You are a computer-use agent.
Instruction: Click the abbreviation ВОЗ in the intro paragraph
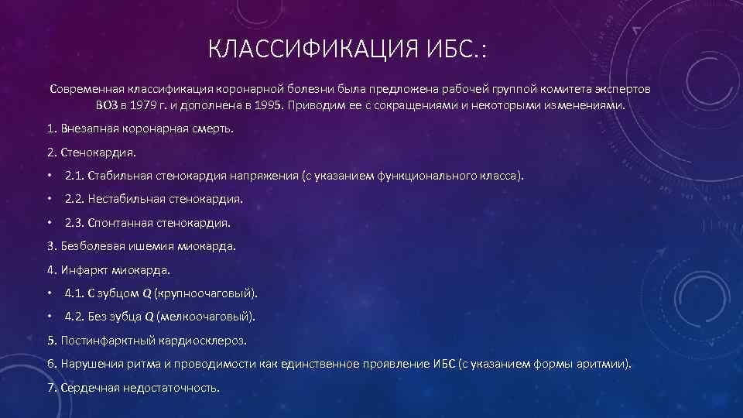point(108,104)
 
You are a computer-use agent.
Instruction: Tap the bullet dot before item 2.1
point(50,176)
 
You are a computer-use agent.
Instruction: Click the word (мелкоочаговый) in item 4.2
point(205,317)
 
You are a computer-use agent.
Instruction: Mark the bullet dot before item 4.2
point(50,317)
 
